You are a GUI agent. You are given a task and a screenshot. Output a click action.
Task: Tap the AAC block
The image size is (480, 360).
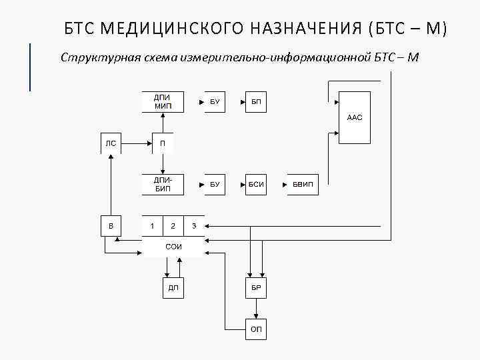pyautogui.click(x=355, y=117)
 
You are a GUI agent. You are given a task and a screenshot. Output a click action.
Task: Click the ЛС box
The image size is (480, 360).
pyautogui.click(x=111, y=143)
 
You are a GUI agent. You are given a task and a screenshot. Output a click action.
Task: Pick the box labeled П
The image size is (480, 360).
pyautogui.click(x=163, y=143)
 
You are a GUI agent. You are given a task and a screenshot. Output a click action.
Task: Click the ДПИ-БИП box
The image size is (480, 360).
pyautogui.click(x=163, y=184)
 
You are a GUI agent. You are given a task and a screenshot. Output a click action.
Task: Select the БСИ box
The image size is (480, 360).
pyautogui.click(x=256, y=184)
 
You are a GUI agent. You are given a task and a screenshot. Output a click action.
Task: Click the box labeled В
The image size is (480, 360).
pyautogui.click(x=111, y=225)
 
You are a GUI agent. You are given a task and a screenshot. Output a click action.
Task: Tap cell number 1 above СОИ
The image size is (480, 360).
pyautogui.click(x=153, y=225)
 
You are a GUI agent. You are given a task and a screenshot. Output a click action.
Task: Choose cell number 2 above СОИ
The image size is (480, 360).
pyautogui.click(x=173, y=225)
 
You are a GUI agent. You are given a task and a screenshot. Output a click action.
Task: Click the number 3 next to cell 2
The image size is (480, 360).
pyautogui.click(x=194, y=225)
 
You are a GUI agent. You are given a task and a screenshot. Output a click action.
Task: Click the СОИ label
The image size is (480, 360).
pyautogui.click(x=173, y=247)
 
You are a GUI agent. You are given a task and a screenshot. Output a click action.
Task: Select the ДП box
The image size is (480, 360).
pyautogui.click(x=173, y=287)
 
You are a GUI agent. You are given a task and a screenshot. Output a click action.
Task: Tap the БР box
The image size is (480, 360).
pyautogui.click(x=256, y=287)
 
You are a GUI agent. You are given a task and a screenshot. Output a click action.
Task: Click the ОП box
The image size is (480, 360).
pyautogui.click(x=256, y=329)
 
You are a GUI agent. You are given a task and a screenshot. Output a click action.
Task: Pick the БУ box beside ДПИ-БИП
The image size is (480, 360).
pyautogui.click(x=215, y=184)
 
